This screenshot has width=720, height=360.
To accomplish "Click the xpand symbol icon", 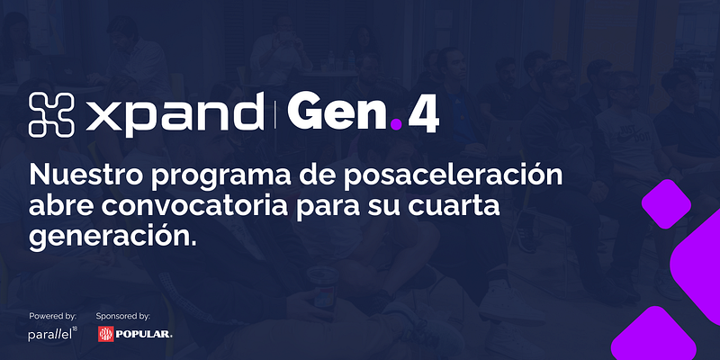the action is click(x=51, y=115).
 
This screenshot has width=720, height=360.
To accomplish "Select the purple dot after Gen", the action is click(x=396, y=124).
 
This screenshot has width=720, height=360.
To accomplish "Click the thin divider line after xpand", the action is click(x=275, y=115).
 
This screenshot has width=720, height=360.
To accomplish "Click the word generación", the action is click(x=112, y=237).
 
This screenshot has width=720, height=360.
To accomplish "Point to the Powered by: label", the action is click(x=53, y=316).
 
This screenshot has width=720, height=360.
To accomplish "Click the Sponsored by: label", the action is click(x=123, y=316).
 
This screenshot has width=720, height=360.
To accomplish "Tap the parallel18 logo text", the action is click(x=53, y=334).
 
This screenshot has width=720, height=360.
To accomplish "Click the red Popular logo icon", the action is click(x=106, y=334).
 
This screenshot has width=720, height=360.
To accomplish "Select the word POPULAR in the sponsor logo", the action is click(x=144, y=334).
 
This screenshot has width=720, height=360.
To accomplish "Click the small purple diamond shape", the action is click(x=666, y=204).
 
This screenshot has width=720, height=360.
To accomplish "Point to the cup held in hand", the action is click(x=323, y=283).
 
